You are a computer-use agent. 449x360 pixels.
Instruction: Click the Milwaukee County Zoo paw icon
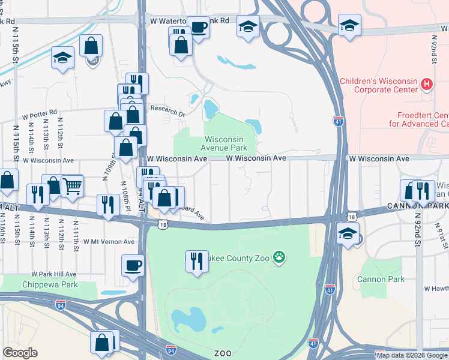tap(279, 258)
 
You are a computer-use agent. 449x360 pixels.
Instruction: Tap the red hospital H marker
tap(427, 83)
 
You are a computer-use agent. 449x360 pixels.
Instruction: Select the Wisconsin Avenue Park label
tap(226, 142)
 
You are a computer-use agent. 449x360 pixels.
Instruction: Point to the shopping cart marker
tap(71, 187)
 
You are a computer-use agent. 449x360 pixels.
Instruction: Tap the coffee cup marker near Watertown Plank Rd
tap(198, 27)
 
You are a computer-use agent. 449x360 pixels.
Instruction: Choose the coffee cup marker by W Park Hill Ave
tap(133, 265)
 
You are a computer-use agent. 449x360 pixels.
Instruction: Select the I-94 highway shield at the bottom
tap(171, 349)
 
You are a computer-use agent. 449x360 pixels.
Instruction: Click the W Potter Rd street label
tap(40, 112)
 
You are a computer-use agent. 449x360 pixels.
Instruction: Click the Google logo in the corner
tap(20, 353)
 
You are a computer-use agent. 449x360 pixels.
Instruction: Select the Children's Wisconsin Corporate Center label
tap(378, 85)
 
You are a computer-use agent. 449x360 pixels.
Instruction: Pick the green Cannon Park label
tap(381, 279)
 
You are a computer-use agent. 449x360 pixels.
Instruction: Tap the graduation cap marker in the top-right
tap(349, 26)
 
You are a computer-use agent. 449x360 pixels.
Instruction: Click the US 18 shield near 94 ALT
tap(163, 224)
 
